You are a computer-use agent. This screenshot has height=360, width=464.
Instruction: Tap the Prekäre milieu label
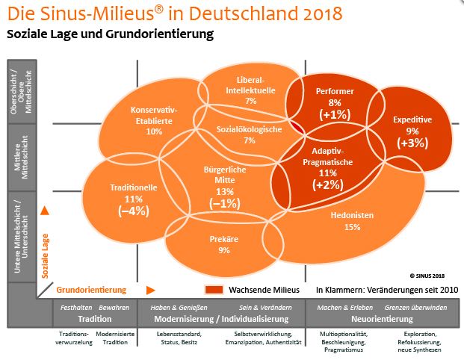(x=224, y=240)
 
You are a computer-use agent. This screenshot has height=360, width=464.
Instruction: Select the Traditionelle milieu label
(x=133, y=187)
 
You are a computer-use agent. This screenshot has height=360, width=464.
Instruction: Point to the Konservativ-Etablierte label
(x=154, y=113)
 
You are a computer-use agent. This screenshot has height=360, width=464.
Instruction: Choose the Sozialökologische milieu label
(x=250, y=128)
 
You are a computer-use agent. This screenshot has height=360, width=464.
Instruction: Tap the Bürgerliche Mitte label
(x=224, y=175)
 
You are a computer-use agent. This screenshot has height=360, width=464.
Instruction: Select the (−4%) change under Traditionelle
(x=134, y=211)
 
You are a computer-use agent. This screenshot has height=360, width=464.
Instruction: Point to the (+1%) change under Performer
(x=334, y=114)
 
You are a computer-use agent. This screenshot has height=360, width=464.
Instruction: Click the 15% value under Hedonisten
(x=353, y=227)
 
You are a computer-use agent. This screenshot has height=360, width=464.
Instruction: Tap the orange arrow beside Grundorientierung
(x=150, y=290)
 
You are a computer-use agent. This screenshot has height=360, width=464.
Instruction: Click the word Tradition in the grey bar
(x=95, y=318)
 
